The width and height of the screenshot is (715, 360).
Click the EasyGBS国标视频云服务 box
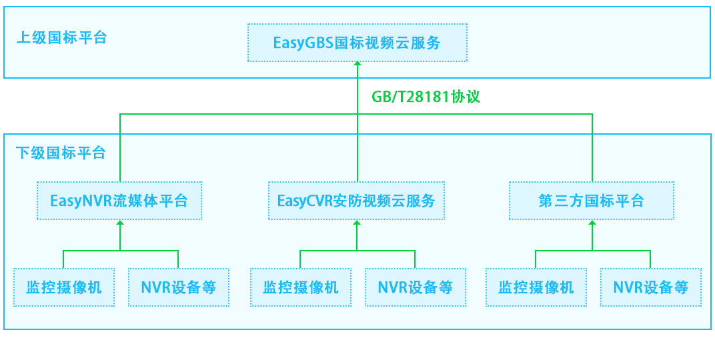pos(357,43)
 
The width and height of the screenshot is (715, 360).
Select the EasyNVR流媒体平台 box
pos(119,201)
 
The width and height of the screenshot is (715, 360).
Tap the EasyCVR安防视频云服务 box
pos(356,201)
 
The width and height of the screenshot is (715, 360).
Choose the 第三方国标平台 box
pos(592,201)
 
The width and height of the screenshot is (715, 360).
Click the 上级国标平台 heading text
pos(61,37)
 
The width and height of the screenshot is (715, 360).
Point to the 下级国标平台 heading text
pos(61,153)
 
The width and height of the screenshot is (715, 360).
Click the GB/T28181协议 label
pos(426,97)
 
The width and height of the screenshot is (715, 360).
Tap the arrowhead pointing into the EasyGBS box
pos(357,65)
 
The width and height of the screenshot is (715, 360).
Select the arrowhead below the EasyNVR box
pos(120,223)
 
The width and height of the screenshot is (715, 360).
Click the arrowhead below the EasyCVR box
pos(357,223)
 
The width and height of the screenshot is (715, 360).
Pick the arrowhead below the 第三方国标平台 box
pos(592,223)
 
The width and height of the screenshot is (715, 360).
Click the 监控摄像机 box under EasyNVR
pos(64,287)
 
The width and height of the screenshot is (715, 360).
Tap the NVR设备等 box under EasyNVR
pos(178,287)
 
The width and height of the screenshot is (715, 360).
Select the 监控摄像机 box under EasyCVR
pos(301,287)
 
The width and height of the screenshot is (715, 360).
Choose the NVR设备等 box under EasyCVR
pos(415,287)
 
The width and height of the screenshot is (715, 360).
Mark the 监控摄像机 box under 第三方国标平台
pos(536,287)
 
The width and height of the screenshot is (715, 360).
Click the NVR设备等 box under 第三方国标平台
pos(650,287)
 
